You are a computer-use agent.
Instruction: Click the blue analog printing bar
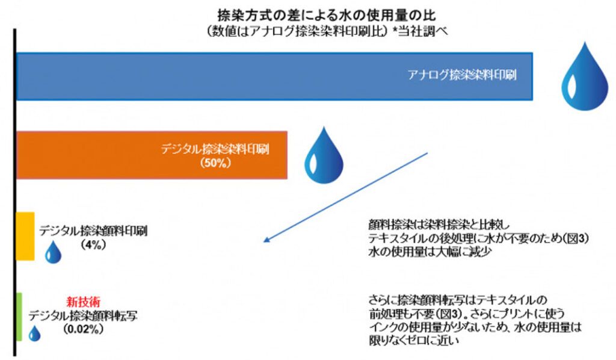pos(274,76)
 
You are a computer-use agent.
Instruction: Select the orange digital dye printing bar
pos(152,155)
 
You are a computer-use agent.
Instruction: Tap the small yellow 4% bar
pos(25,236)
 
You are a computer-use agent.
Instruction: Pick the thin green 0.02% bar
pos(19,317)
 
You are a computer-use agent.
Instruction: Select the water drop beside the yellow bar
pos(53,252)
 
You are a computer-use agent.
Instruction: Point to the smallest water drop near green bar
pos(34,334)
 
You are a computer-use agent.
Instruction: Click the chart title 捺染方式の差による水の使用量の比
pos(327,15)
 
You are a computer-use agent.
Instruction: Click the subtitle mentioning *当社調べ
pos(327,31)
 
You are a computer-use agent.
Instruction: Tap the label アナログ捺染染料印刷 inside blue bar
pos(462,75)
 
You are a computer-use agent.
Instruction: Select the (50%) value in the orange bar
pos(215,163)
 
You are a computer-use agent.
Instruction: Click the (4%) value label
pos(93,244)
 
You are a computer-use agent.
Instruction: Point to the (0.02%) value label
pos(83,329)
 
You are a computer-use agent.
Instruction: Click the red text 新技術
pos(83,302)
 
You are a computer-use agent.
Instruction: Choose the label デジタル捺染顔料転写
pos(83,315)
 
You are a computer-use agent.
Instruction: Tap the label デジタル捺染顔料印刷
pos(93,231)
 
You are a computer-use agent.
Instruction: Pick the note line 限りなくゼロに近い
pos(414,340)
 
